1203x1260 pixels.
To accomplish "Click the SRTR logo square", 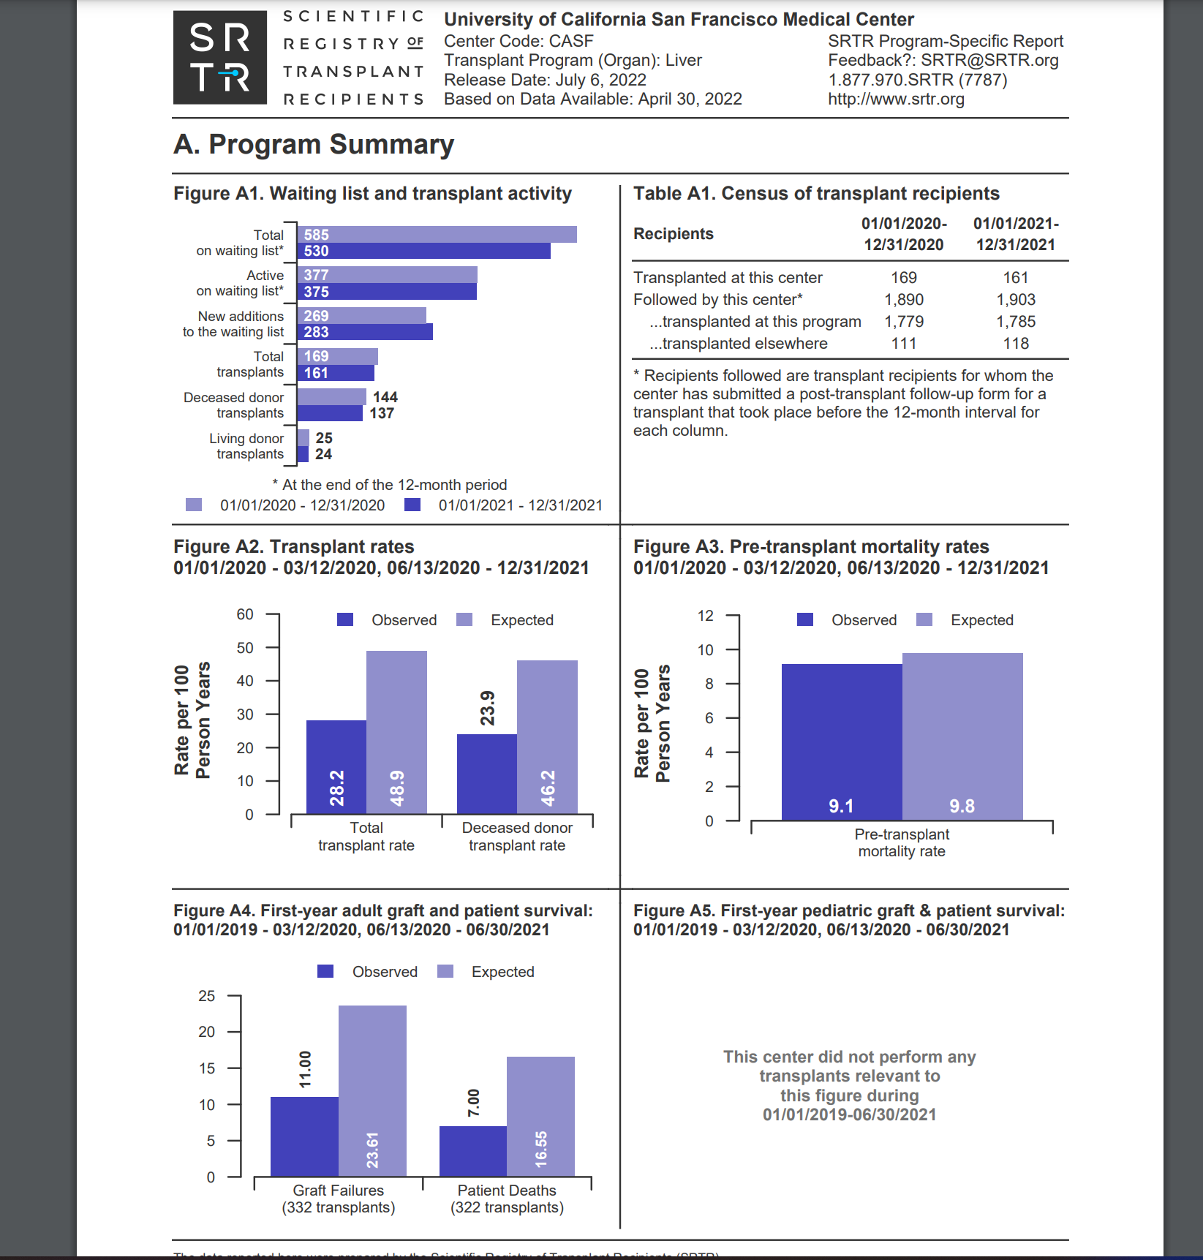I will pyautogui.click(x=219, y=58).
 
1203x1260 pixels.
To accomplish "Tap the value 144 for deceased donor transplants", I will pyautogui.click(x=385, y=397).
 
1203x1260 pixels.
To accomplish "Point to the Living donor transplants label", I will pyautogui.click(x=247, y=446).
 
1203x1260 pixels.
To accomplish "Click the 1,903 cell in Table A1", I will pyautogui.click(x=1015, y=300).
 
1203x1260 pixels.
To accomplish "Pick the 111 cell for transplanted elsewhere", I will pyautogui.click(x=904, y=344).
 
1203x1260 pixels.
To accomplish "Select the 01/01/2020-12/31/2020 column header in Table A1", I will pyautogui.click(x=904, y=234).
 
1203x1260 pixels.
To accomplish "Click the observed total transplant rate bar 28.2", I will pyautogui.click(x=336, y=766).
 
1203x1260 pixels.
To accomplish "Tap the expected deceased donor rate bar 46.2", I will pyautogui.click(x=547, y=737).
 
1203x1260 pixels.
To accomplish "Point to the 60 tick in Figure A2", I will pyautogui.click(x=245, y=614).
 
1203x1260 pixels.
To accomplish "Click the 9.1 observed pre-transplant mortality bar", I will pyautogui.click(x=842, y=742).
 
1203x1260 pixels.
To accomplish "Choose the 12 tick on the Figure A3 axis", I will pyautogui.click(x=705, y=616).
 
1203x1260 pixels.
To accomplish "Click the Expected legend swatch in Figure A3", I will pyautogui.click(x=924, y=620).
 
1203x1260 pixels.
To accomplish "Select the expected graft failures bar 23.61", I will pyautogui.click(x=372, y=1090).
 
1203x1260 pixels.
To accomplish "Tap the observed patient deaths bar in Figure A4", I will pyautogui.click(x=473, y=1151).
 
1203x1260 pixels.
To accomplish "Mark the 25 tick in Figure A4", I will pyautogui.click(x=207, y=996).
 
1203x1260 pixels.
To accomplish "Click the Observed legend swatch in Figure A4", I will pyautogui.click(x=325, y=972).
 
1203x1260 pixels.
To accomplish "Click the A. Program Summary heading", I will pyautogui.click(x=314, y=145).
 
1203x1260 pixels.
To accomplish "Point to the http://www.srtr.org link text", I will pyautogui.click(x=896, y=99).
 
